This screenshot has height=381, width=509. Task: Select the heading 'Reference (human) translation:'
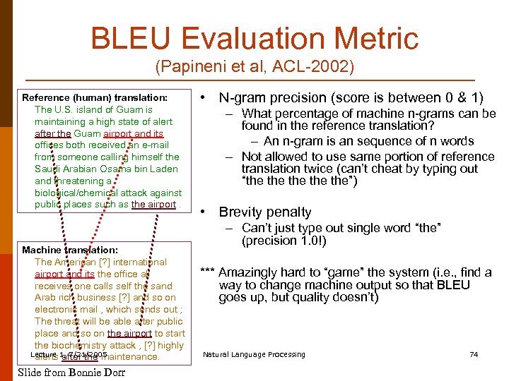pyautogui.click(x=95, y=97)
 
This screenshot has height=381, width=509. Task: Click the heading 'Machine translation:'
pyautogui.click(x=70, y=250)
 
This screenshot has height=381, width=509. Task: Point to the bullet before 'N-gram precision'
pyautogui.click(x=203, y=98)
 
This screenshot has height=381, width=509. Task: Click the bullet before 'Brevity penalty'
pyautogui.click(x=203, y=212)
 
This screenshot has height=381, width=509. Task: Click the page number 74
pyautogui.click(x=474, y=354)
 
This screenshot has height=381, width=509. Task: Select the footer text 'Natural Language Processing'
pyautogui.click(x=254, y=354)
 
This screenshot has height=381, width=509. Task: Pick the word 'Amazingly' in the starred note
pyautogui.click(x=250, y=272)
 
